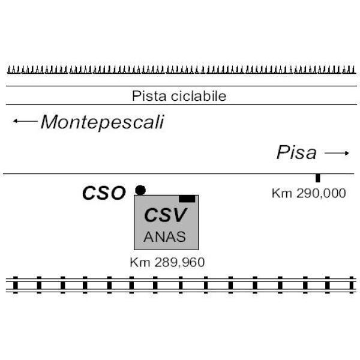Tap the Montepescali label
coord(102,122)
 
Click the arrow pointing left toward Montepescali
coord(25,122)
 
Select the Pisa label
coord(296,153)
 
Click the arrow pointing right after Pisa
coord(337,154)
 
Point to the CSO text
coord(104,193)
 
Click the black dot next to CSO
coord(140,190)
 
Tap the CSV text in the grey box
coord(166,215)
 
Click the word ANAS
coord(165,236)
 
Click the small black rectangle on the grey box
coord(187,199)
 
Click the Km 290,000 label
coord(308,193)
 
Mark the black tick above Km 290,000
coord(317,178)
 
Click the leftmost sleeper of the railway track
coord(16,284)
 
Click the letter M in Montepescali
coord(50,122)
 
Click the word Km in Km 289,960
coord(137,262)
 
